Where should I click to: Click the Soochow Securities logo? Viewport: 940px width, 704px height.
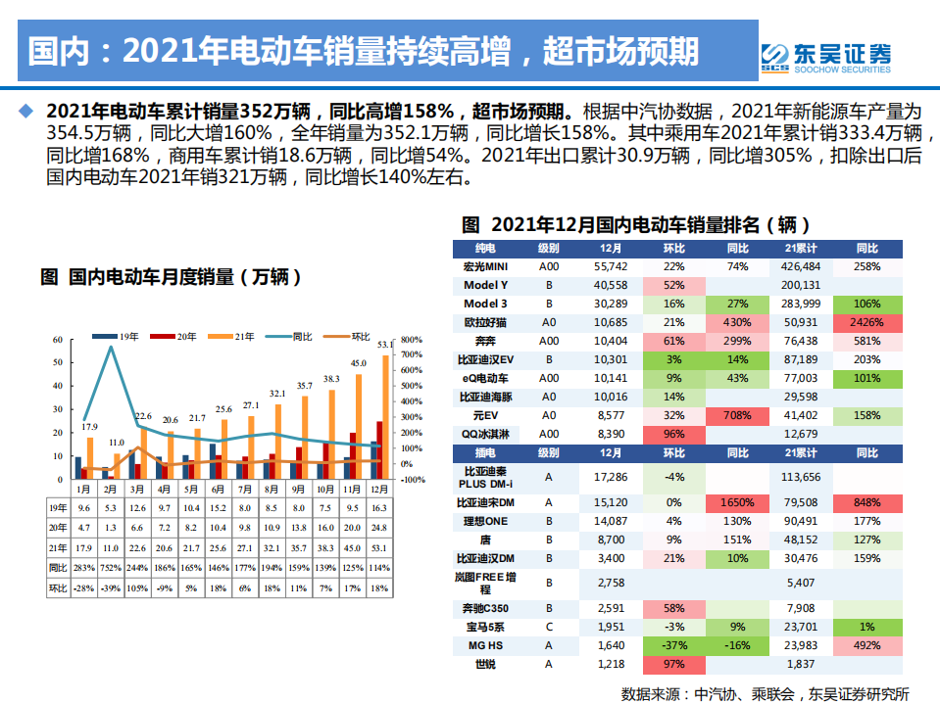[826, 57]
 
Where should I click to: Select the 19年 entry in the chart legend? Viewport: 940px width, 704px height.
[120, 337]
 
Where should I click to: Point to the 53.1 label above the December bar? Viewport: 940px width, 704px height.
[384, 345]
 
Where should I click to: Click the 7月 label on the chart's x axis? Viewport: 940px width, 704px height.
[244, 488]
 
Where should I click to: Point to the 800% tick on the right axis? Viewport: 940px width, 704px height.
[412, 340]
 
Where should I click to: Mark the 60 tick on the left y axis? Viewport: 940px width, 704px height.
[58, 340]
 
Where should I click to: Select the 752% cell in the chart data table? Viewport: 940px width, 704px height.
[111, 568]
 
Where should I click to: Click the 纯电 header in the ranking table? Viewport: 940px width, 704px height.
[485, 249]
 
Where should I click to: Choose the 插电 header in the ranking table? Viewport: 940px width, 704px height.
[485, 453]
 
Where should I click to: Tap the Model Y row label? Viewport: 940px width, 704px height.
[485, 285]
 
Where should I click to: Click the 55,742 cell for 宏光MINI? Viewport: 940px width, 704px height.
[611, 266]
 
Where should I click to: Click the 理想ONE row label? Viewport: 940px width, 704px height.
[485, 521]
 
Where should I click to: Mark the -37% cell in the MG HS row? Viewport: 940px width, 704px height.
[673, 645]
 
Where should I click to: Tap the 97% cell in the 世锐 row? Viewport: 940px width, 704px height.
[673, 665]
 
